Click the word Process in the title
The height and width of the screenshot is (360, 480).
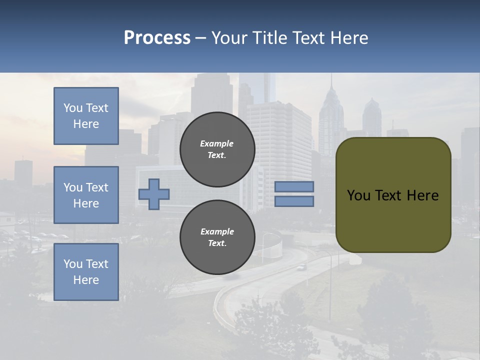pos(157,38)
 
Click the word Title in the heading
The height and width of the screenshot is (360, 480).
pos(269,38)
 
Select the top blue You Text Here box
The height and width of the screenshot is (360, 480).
pos(86,116)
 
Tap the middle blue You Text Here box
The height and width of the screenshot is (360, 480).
pos(86,195)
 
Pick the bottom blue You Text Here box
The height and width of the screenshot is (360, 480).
pos(86,272)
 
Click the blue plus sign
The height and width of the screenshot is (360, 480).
pos(154,194)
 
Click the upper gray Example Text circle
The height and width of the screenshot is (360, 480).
pos(217,149)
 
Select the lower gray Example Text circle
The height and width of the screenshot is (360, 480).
pos(217,237)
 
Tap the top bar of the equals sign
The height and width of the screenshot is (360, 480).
pos(294,187)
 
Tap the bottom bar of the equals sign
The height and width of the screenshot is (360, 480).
pos(294,201)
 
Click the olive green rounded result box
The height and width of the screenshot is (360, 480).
pos(393,220)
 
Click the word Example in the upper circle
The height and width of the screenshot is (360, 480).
pos(217,143)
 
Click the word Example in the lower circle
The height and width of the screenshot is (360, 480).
pos(217,231)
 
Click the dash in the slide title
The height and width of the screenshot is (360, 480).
pos(201,38)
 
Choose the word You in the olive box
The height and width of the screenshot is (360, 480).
pos(358,195)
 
